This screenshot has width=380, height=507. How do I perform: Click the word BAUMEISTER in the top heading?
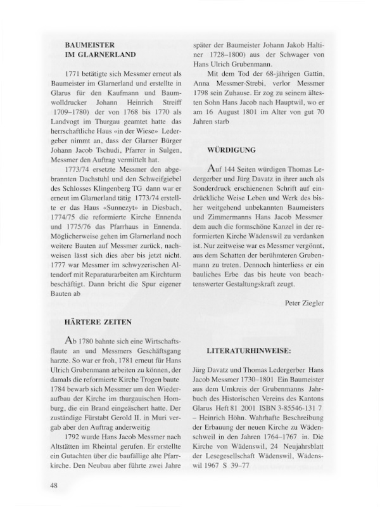89,46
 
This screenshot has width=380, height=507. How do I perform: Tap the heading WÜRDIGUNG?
232,150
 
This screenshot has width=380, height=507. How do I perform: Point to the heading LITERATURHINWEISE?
248,350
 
